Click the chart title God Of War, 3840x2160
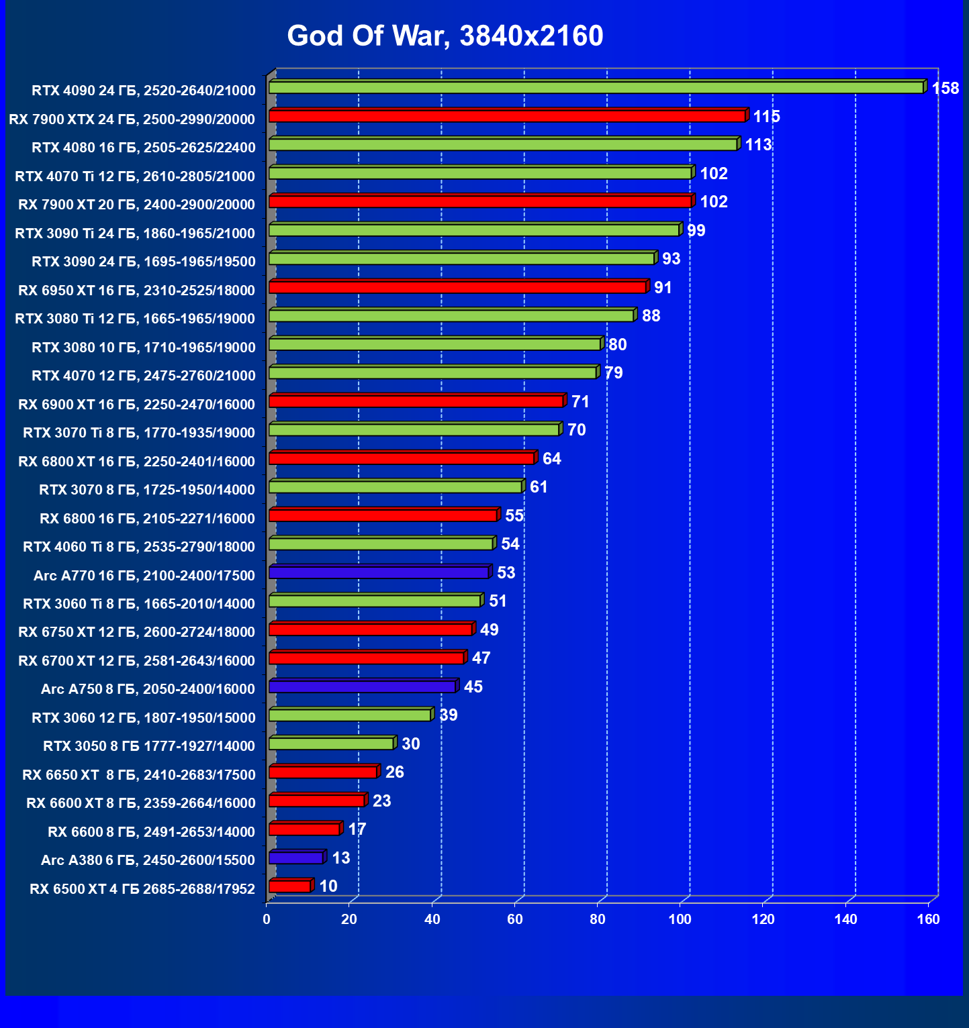click(x=445, y=36)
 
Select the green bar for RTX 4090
click(x=596, y=88)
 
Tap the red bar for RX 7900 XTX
click(x=507, y=116)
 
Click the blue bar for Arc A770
click(x=379, y=572)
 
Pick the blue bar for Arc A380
click(x=296, y=858)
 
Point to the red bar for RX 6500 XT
click(x=290, y=886)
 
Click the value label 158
click(x=945, y=89)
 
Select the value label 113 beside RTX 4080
click(x=758, y=145)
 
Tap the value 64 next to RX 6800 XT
click(x=551, y=458)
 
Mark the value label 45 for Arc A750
click(x=473, y=686)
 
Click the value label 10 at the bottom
click(x=328, y=886)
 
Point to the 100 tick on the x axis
click(x=680, y=919)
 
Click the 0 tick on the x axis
click(x=267, y=919)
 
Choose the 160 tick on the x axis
click(x=928, y=919)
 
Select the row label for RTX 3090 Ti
click(x=135, y=234)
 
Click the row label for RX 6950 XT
click(x=136, y=291)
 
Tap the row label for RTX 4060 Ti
click(x=139, y=547)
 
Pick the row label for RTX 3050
click(x=149, y=746)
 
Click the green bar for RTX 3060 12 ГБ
click(x=349, y=715)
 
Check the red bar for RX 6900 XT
click(x=416, y=401)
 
